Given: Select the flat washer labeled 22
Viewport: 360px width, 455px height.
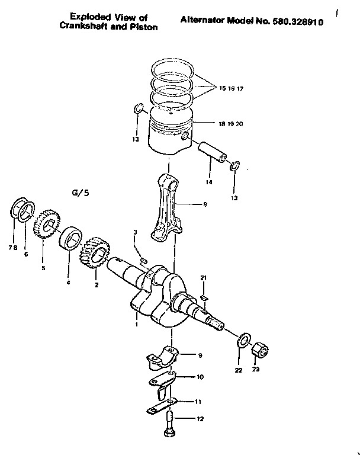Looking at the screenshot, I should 242,342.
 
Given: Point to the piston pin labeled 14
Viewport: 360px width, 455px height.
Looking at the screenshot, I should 213,150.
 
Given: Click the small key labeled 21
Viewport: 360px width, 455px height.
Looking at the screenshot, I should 203,297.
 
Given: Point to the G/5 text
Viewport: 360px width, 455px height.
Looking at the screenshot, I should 79,193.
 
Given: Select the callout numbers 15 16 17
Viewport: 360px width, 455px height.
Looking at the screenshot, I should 232,88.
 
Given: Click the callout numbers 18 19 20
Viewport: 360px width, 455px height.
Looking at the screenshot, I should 230,124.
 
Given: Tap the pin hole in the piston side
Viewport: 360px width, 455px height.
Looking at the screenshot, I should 186,137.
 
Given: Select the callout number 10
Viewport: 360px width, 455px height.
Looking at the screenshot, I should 200,377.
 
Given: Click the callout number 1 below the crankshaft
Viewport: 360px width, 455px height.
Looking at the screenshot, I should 137,324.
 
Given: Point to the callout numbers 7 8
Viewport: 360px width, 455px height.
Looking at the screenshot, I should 12,247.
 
